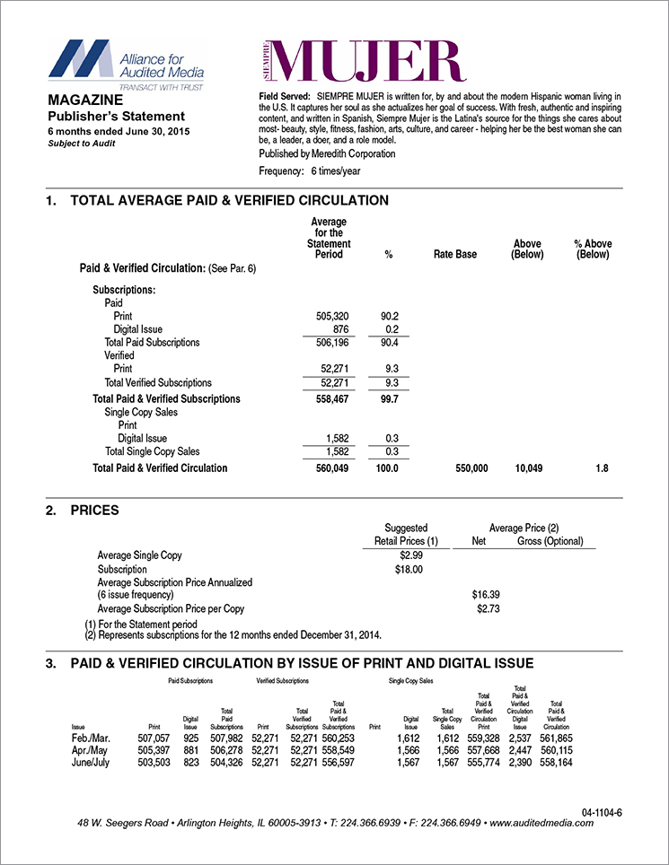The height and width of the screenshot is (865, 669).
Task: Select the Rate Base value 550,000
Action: (x=467, y=468)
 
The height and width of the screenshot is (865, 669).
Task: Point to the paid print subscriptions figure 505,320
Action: (x=326, y=317)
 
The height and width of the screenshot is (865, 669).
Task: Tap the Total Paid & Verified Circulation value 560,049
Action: (x=326, y=468)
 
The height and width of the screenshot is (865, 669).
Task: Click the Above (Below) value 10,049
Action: (x=527, y=468)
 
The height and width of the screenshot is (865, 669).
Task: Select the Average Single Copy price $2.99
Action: (x=400, y=556)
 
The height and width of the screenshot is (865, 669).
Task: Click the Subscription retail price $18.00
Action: (x=400, y=570)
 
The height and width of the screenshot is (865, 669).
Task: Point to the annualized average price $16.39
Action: (x=486, y=594)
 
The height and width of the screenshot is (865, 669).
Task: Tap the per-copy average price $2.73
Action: (x=486, y=609)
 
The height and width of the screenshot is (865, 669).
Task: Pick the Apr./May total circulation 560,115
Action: (x=554, y=749)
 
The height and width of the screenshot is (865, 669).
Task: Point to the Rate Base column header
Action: (x=454, y=255)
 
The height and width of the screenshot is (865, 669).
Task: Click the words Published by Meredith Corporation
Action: (x=326, y=153)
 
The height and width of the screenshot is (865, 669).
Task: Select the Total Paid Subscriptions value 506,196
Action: (x=326, y=343)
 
